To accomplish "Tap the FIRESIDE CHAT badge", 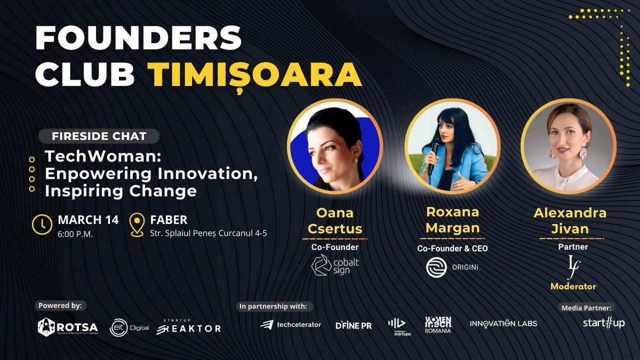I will coord(99,136).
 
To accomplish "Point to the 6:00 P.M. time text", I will coord(75,234).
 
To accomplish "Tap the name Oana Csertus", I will coord(335,221).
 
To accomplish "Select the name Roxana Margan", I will coord(452,220).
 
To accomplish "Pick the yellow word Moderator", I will coord(573,286).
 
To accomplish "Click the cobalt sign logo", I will coord(335,265).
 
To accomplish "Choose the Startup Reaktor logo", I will coord(188,326).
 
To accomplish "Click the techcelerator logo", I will coord(291,324).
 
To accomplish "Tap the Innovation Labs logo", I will coord(503,323).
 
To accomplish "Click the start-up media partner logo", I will coord(603,323).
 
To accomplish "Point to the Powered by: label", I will coord(60,306).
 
